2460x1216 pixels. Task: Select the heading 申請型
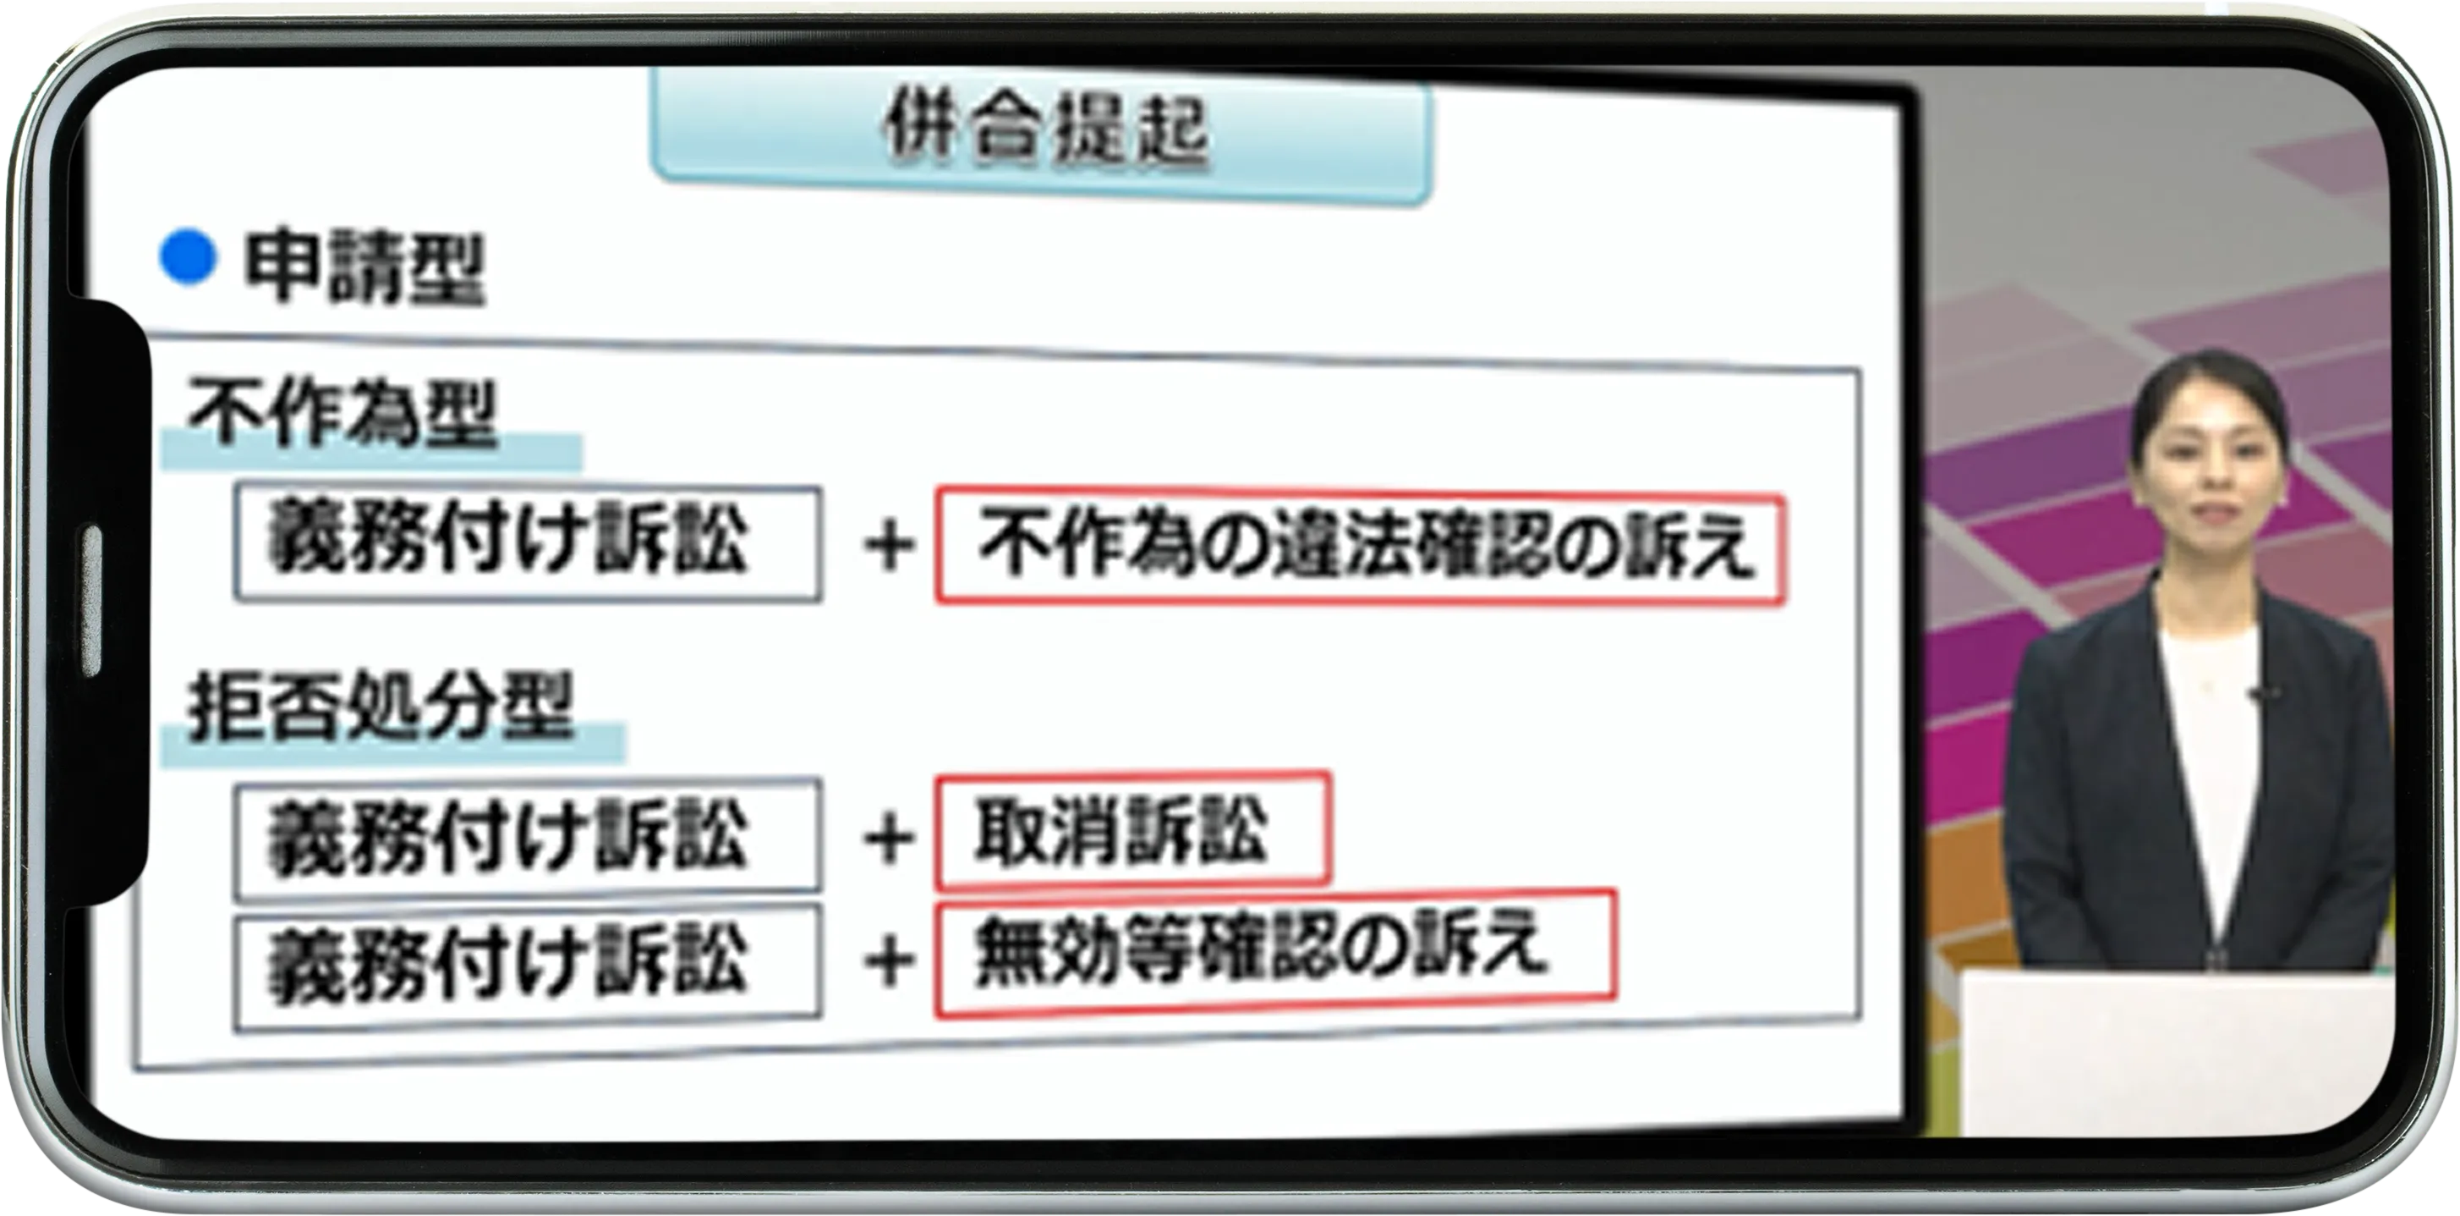[364, 268]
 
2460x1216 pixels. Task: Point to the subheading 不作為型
[342, 414]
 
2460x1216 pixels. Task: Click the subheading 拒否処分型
[380, 707]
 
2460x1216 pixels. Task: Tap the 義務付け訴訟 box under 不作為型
[527, 543]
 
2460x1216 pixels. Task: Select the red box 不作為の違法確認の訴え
[1360, 547]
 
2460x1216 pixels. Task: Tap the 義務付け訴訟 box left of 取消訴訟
[527, 838]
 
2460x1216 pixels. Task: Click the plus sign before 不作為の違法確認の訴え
[889, 547]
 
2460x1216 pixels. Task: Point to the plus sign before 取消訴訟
[889, 839]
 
